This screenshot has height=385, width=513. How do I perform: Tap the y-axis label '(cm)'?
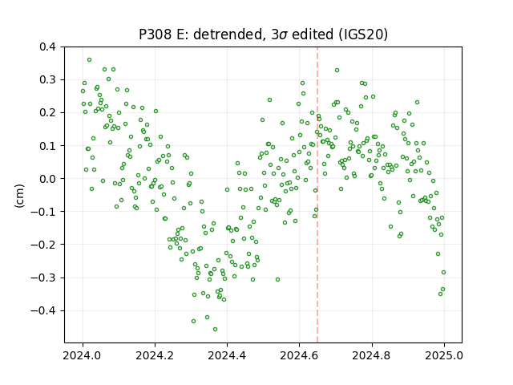point(19,196)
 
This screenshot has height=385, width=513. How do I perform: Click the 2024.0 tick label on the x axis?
point(83,355)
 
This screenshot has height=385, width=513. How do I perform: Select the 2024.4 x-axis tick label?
point(227,355)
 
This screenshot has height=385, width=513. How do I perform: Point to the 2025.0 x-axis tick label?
point(444,355)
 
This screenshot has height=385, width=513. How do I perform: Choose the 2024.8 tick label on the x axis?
point(371,355)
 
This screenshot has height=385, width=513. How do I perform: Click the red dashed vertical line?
point(317,195)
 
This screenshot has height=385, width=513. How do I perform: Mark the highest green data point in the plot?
point(89,60)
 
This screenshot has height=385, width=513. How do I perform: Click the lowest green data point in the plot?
point(215,330)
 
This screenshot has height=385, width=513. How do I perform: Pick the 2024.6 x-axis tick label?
point(299,355)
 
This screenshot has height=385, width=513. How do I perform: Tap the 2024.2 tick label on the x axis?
point(155,355)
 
